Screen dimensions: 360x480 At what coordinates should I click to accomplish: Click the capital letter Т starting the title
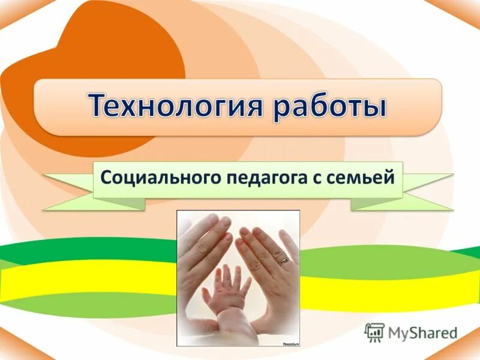point(100,106)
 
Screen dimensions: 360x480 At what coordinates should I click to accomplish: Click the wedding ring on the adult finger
point(283,260)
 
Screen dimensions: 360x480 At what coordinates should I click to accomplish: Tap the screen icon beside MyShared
point(374,332)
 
